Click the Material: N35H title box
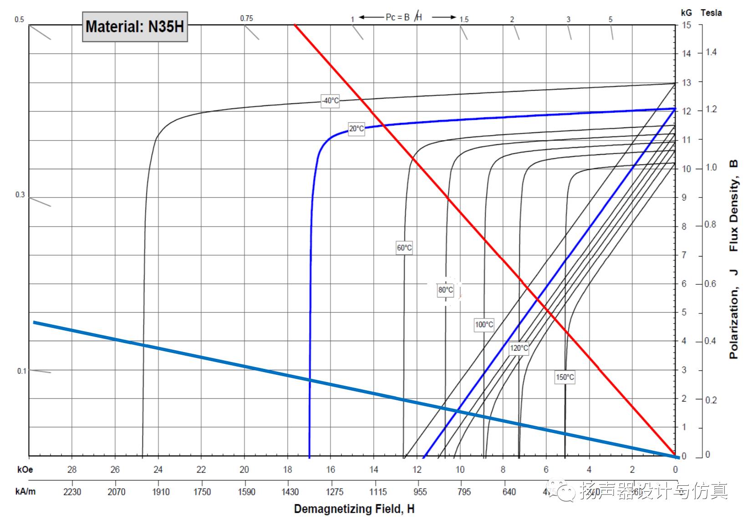135,26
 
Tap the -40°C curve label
330,101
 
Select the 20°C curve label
356,129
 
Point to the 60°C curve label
404,248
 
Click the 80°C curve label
445,290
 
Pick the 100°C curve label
483,324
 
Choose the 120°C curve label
519,348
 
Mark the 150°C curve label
565,377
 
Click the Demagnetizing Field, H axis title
354,509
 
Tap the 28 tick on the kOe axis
72,469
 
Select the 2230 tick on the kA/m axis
72,492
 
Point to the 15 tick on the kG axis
686,25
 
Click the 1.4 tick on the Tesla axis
711,52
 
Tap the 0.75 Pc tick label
246,18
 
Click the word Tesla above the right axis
711,13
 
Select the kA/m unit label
25,492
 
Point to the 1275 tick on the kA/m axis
334,492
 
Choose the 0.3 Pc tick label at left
20,195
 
